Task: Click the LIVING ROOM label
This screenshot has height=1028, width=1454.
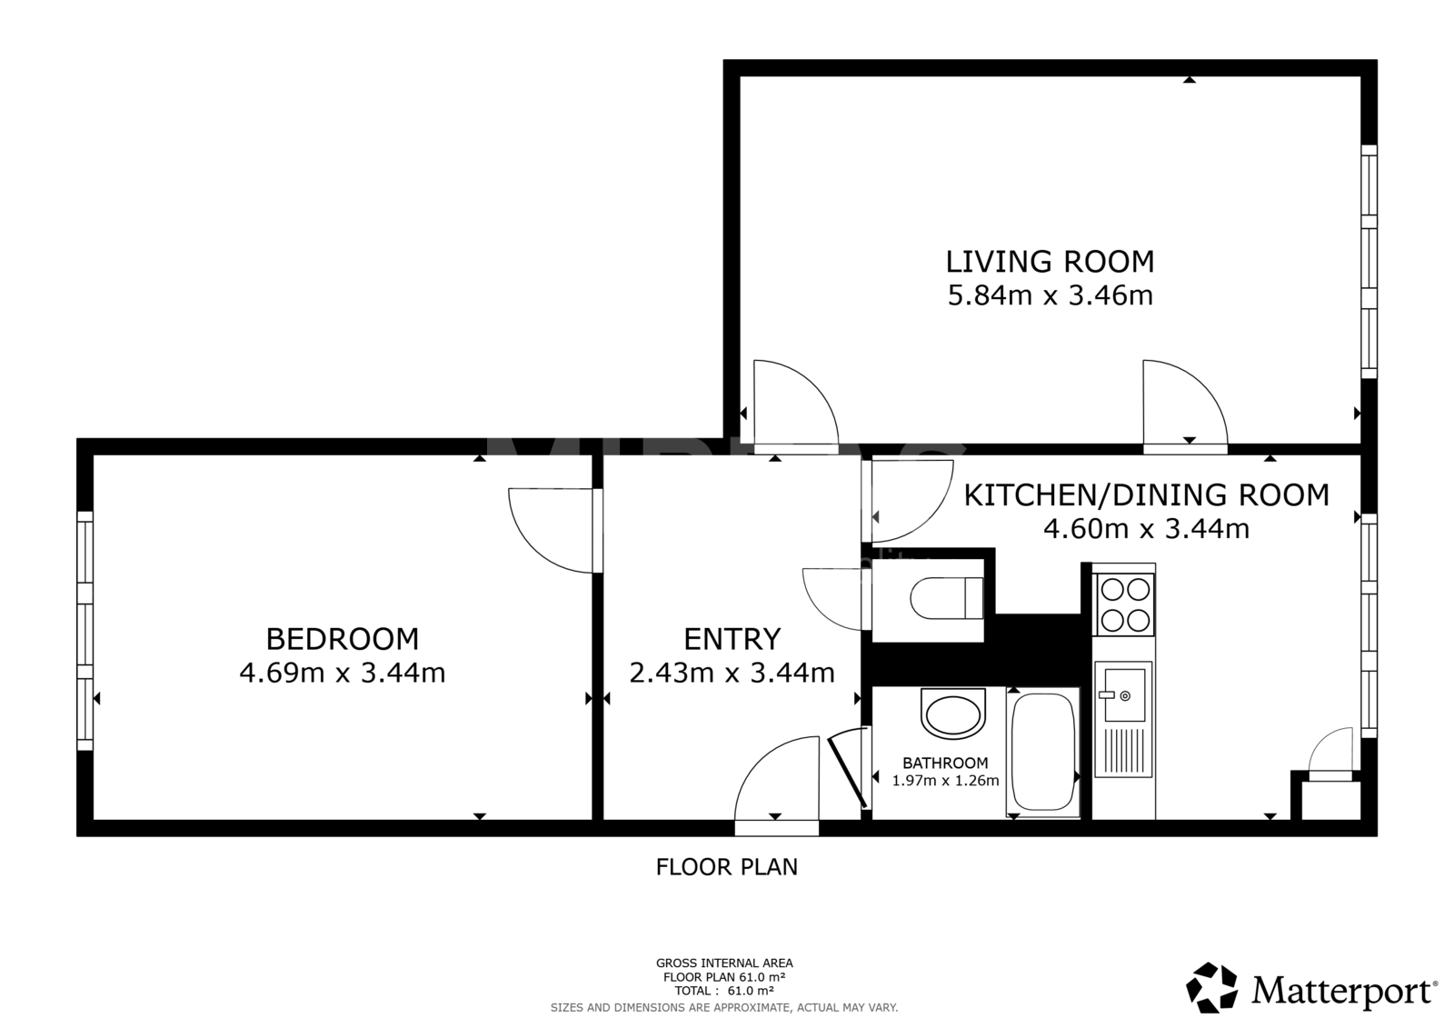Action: pos(1050,262)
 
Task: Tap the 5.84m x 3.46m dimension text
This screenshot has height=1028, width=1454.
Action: pos(1050,295)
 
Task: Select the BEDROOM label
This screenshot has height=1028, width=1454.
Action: pos(342,639)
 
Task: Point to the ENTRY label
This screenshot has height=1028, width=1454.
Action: pos(732,639)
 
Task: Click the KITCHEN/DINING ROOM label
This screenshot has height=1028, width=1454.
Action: pos(1146,495)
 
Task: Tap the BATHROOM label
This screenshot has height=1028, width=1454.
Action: pos(945,763)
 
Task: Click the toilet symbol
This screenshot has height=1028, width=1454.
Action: pos(947,598)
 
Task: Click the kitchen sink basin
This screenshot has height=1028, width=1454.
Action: pos(1124,695)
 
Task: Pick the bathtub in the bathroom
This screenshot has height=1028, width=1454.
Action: pos(1043,752)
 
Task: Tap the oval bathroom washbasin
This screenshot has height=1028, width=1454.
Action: pos(953,714)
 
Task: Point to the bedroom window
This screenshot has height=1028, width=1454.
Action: pos(85,631)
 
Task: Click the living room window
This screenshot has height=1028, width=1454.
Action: pos(1369,261)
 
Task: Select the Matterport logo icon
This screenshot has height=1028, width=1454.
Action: pos(1210,987)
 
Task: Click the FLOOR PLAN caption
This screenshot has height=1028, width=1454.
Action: pos(726,867)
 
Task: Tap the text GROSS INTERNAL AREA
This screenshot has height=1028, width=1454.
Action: pos(724,963)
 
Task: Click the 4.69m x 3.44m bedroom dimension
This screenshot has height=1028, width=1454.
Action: pos(342,673)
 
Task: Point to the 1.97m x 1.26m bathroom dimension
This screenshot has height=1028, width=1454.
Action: pos(945,781)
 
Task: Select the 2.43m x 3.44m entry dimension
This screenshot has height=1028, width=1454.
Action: pos(732,673)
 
